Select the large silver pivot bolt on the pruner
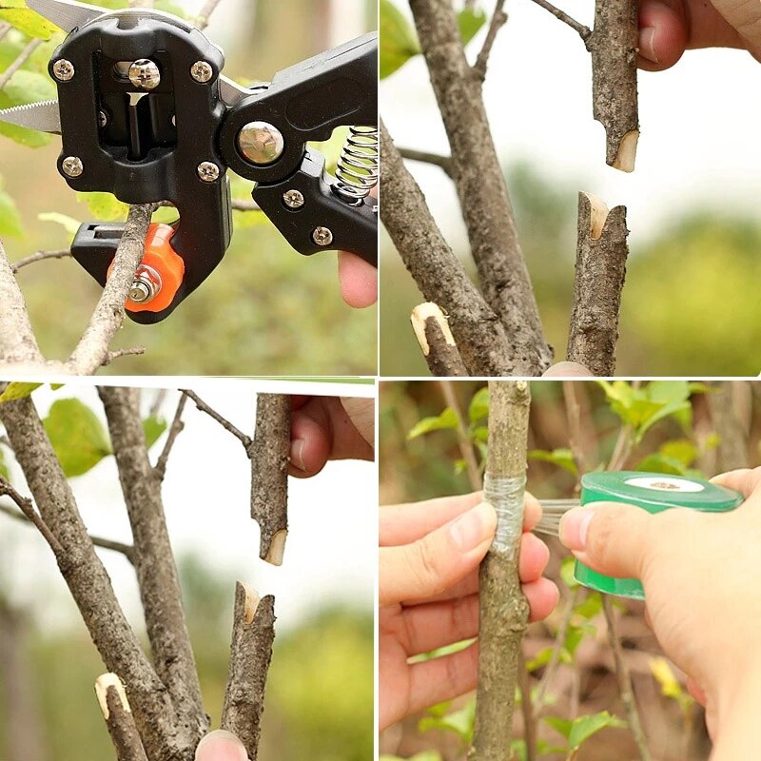pos(260,143)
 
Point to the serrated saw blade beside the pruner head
pos(29,116)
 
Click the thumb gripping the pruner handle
pos(357,279)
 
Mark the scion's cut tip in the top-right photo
pos(625,152)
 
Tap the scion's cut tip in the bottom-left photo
pos(276,548)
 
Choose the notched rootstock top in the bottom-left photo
pos(249,603)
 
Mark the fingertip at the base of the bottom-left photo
pos(222,746)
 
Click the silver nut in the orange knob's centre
pos(144,284)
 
